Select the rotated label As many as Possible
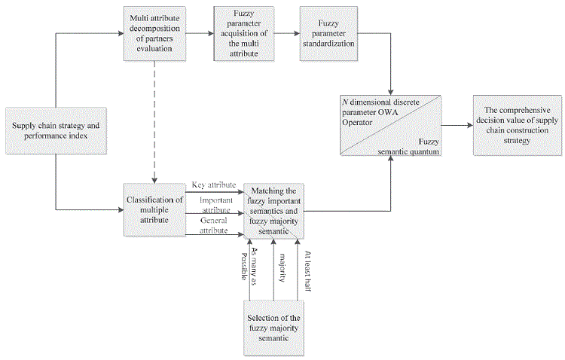246,264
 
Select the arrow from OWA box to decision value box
457,125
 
